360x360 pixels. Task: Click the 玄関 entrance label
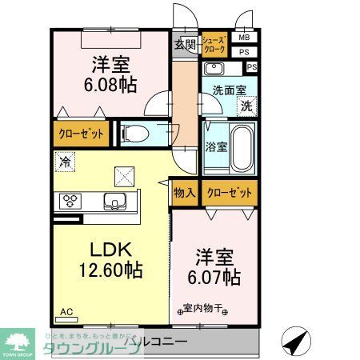point(185,45)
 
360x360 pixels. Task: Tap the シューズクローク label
point(214,44)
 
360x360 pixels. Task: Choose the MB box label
point(244,38)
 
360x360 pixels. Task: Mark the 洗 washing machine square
point(246,104)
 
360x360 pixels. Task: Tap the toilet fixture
point(136,133)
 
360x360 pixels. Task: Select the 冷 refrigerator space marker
point(63,161)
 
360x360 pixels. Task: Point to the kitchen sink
point(114,201)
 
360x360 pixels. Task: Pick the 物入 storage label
point(185,192)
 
